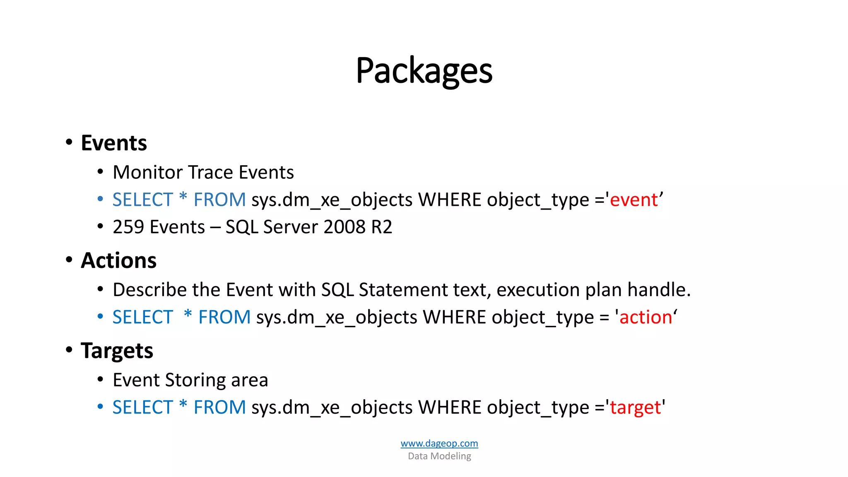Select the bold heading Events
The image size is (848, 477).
114,143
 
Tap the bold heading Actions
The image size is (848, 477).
118,261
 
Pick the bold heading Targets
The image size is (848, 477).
117,351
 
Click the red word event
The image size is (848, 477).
634,200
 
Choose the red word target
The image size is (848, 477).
635,408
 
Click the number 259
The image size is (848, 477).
128,227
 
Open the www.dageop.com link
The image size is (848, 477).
439,443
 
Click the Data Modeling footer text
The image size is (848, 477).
439,456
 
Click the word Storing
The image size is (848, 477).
195,381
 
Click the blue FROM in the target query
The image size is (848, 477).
219,408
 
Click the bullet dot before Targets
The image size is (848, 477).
69,350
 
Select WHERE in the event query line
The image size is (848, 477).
450,200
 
